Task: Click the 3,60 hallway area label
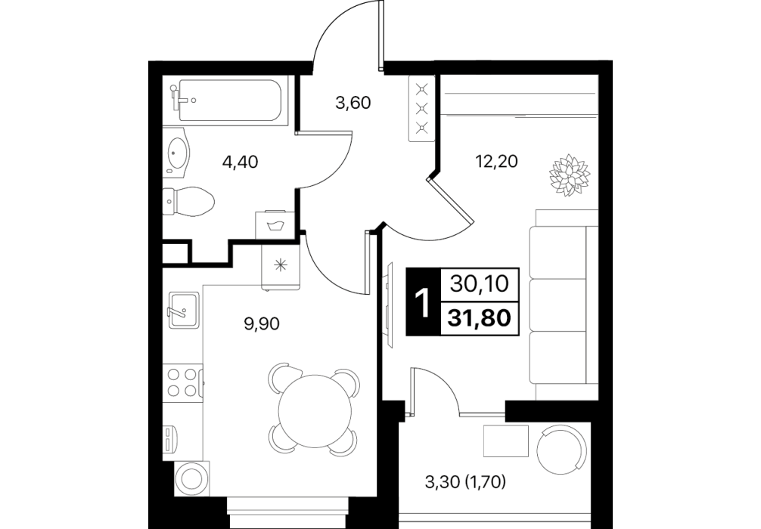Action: (353, 103)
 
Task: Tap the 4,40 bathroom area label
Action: (241, 162)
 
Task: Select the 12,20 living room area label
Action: (496, 160)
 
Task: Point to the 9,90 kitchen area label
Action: (262, 324)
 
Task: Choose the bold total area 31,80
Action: (480, 318)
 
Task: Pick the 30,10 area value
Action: (480, 284)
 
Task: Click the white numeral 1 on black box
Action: (423, 302)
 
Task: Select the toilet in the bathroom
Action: (188, 201)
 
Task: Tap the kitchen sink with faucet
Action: (183, 309)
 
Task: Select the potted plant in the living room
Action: (570, 175)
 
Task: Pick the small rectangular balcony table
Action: (506, 441)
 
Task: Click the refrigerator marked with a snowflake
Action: (280, 264)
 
